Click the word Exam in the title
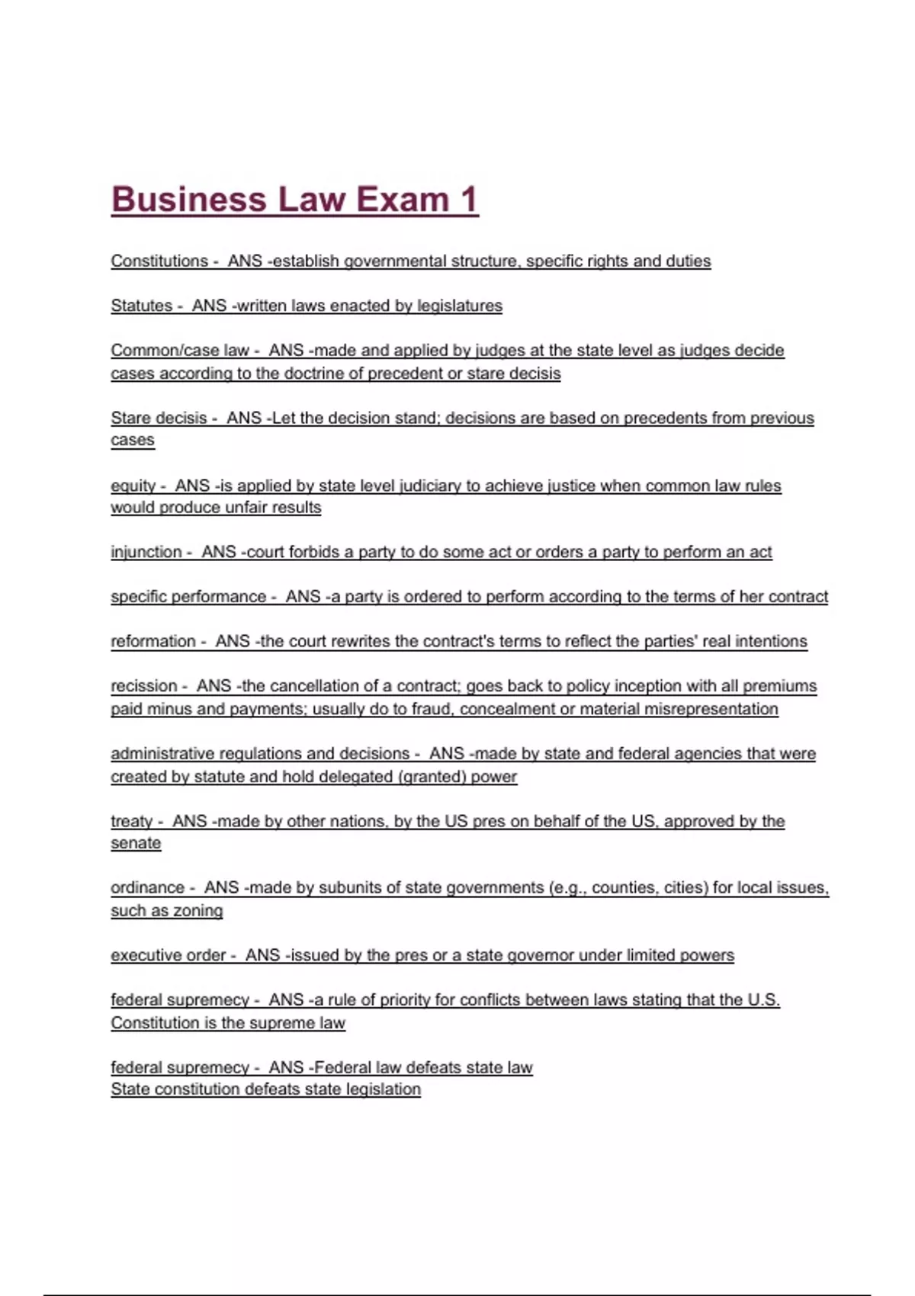[x=403, y=200]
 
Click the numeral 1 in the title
[x=469, y=200]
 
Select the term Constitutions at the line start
[x=159, y=261]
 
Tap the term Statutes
[x=142, y=306]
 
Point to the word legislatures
[x=460, y=306]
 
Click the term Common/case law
[x=180, y=350]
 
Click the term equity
[x=133, y=486]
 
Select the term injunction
[x=146, y=552]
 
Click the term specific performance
[x=188, y=596]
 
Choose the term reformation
[x=153, y=641]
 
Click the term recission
[x=144, y=685]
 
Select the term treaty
[x=132, y=821]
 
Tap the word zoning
[x=198, y=911]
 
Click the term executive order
[x=169, y=955]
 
